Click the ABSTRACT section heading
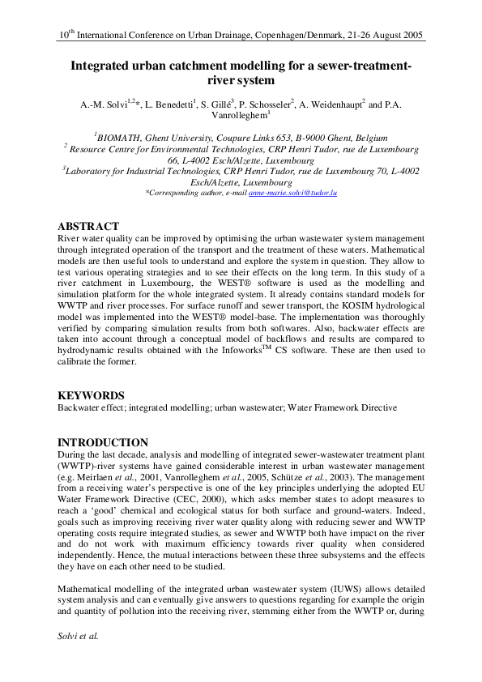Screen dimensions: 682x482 [89, 227]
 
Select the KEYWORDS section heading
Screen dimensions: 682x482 [91, 395]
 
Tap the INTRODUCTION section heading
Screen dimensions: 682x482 [103, 443]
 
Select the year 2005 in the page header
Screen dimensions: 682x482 [412, 36]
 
